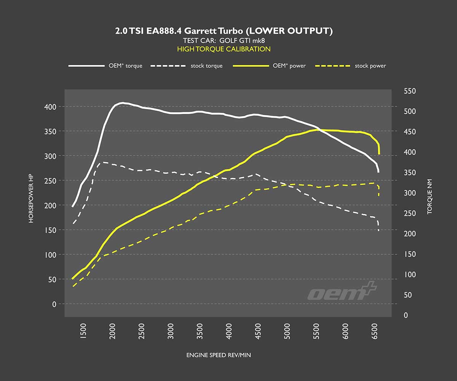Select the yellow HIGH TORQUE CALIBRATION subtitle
(224, 49)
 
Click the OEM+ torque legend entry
(105, 66)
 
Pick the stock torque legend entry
(187, 66)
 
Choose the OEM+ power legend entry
(270, 66)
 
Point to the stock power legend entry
(351, 66)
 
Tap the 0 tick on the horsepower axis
(54, 304)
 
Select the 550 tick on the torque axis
(410, 91)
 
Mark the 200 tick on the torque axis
(410, 234)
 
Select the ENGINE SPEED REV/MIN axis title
(219, 355)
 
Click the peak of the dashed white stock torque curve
(102, 162)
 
